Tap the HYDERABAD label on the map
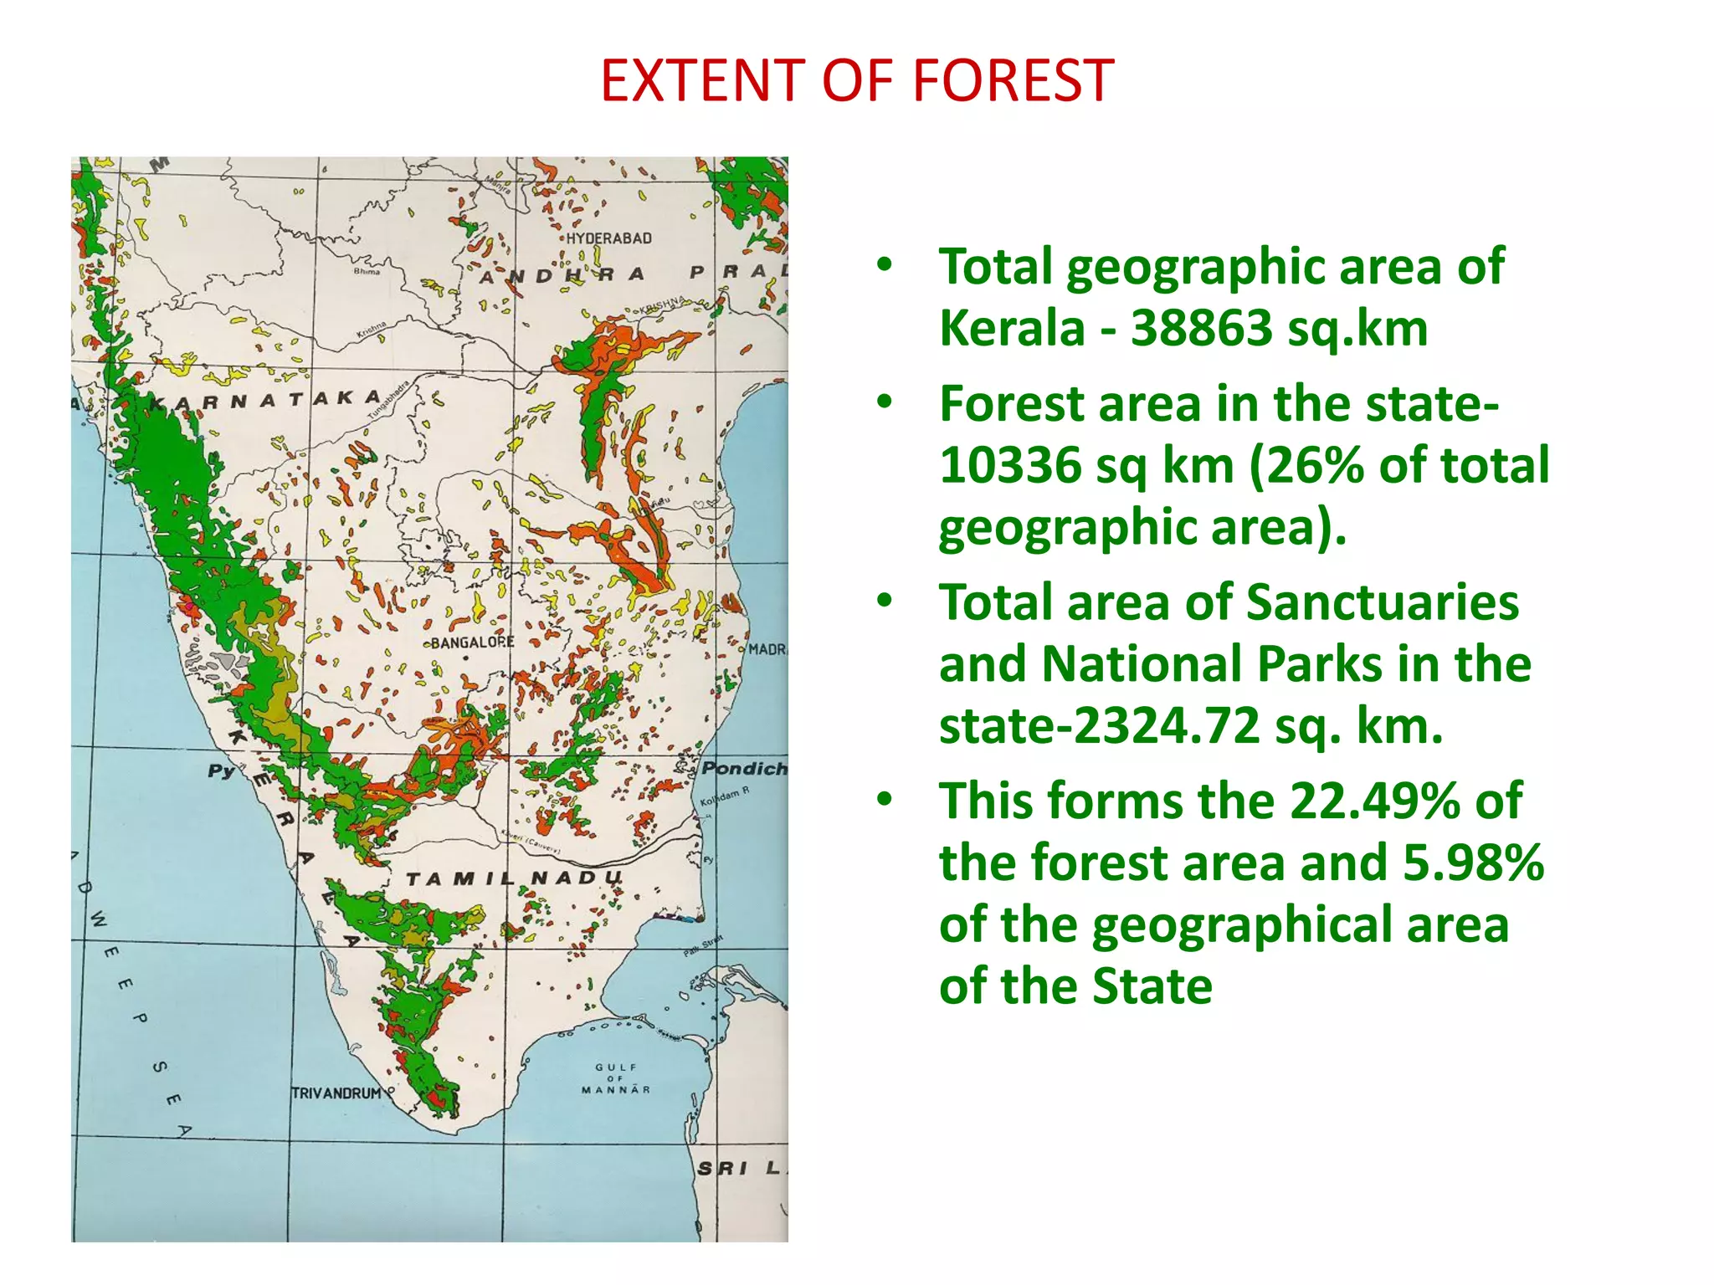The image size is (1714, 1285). tap(608, 238)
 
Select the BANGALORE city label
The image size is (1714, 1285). tap(472, 642)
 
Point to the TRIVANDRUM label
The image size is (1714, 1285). tap(336, 1093)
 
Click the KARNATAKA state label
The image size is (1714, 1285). tap(264, 401)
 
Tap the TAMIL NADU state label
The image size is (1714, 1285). tap(514, 878)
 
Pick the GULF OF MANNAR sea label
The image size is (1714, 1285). tap(616, 1078)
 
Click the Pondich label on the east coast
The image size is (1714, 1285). tap(743, 768)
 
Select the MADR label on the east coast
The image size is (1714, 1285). tap(767, 649)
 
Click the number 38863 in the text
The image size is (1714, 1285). tap(1202, 328)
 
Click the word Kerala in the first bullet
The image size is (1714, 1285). tap(1012, 328)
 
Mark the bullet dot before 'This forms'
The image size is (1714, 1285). tap(885, 799)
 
